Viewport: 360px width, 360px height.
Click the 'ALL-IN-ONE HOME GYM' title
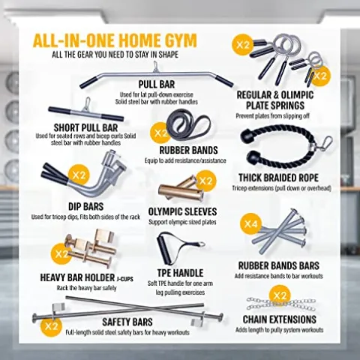115,40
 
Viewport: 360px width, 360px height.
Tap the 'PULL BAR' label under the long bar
157,84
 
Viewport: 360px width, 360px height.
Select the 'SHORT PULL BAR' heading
85,127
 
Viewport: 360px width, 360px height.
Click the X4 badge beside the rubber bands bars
250,223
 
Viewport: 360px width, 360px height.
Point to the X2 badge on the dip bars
79,175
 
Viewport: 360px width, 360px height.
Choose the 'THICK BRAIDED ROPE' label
278,178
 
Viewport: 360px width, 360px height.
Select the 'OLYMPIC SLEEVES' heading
182,211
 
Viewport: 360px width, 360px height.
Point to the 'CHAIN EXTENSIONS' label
280,319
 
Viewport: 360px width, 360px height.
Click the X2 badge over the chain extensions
280,295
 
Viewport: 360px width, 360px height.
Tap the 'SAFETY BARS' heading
127,322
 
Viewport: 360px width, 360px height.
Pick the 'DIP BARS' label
85,207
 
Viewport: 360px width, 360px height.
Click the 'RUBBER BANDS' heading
188,150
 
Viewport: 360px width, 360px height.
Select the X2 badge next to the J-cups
61,254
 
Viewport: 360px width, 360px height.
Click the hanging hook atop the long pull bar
155,67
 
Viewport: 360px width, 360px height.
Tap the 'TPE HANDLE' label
180,273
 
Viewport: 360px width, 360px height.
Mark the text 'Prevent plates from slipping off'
272,116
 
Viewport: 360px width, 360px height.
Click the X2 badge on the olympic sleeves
205,181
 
